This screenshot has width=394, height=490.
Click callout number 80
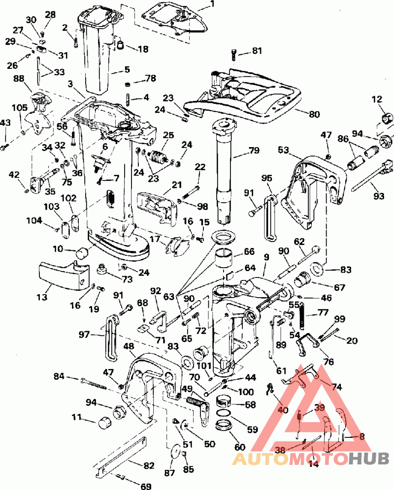click(314, 114)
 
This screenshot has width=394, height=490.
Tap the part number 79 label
click(254, 151)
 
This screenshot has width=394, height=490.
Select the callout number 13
click(42, 297)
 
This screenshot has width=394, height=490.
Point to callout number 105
click(20, 108)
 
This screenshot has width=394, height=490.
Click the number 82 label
click(149, 465)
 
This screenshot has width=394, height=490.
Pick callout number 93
click(379, 196)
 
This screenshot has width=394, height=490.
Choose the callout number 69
click(145, 486)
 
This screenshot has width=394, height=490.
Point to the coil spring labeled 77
click(302, 316)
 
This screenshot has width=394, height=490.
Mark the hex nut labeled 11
click(104, 423)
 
